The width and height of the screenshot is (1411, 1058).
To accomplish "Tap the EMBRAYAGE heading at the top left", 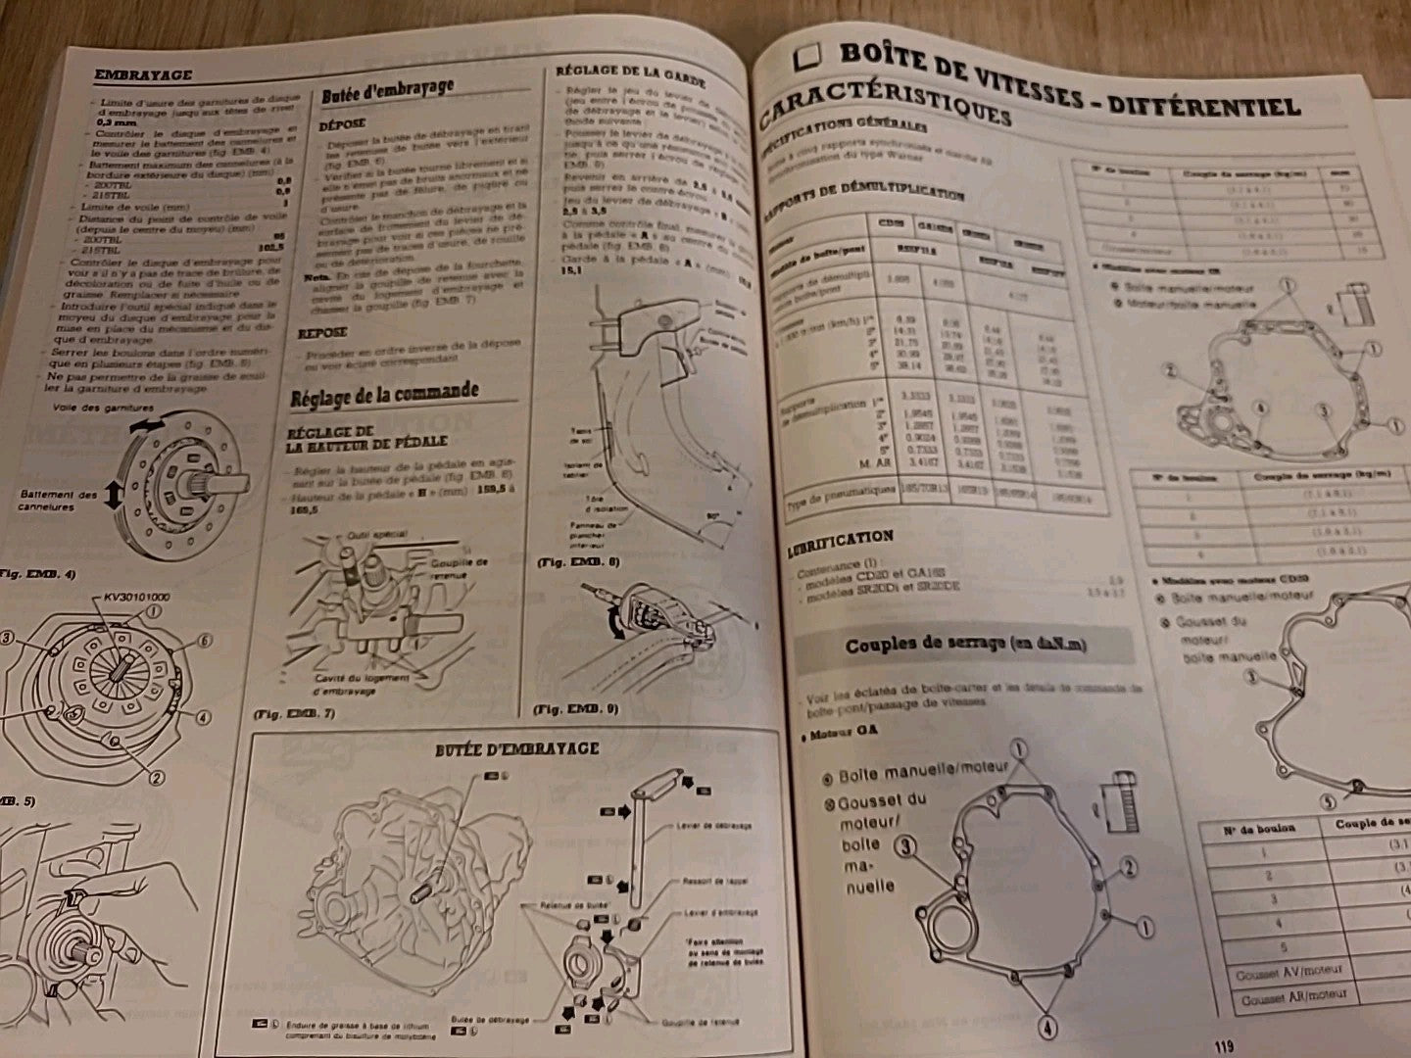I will pos(142,74).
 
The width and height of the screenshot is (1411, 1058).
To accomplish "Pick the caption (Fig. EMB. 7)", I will pos(295,714).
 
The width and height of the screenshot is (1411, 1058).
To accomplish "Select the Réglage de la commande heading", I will pos(384,395).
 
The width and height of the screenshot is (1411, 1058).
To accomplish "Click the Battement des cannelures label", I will pos(59,501).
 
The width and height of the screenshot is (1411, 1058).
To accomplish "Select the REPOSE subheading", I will pos(322,333).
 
